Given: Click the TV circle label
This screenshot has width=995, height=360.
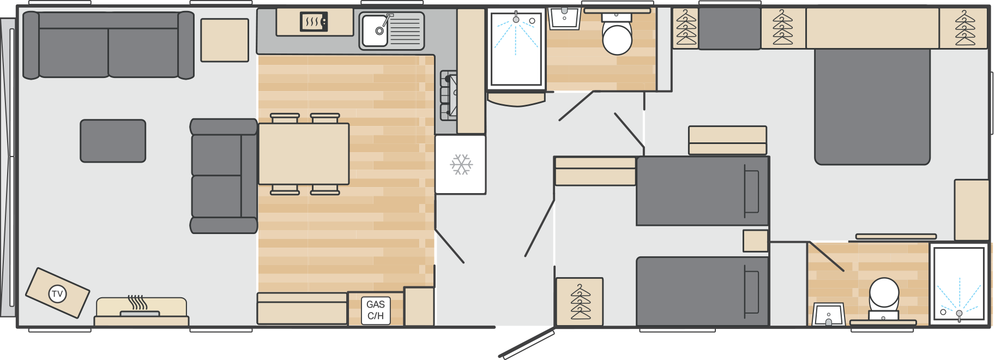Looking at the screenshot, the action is [57, 294].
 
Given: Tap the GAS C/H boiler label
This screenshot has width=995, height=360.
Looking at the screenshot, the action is [376, 310].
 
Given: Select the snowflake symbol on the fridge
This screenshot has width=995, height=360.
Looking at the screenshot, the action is [461, 164].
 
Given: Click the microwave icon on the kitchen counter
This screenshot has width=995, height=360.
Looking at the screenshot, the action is [314, 22].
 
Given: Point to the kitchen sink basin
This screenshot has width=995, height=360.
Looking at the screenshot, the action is [376, 30].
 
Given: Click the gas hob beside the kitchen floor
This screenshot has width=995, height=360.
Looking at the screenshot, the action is [449, 95].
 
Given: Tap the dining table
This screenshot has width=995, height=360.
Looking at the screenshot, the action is [304, 154].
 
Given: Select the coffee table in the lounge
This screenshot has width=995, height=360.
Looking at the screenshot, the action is [113, 141].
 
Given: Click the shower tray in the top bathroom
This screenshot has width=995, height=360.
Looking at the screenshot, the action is [516, 49].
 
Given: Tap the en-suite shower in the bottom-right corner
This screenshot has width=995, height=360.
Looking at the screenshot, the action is [959, 284].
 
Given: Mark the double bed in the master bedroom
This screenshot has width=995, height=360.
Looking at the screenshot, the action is [872, 106].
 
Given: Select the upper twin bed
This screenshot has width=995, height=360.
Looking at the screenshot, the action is [703, 191].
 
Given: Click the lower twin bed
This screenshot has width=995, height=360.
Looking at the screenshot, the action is [703, 291].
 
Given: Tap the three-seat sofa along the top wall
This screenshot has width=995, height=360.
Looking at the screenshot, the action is [108, 45].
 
